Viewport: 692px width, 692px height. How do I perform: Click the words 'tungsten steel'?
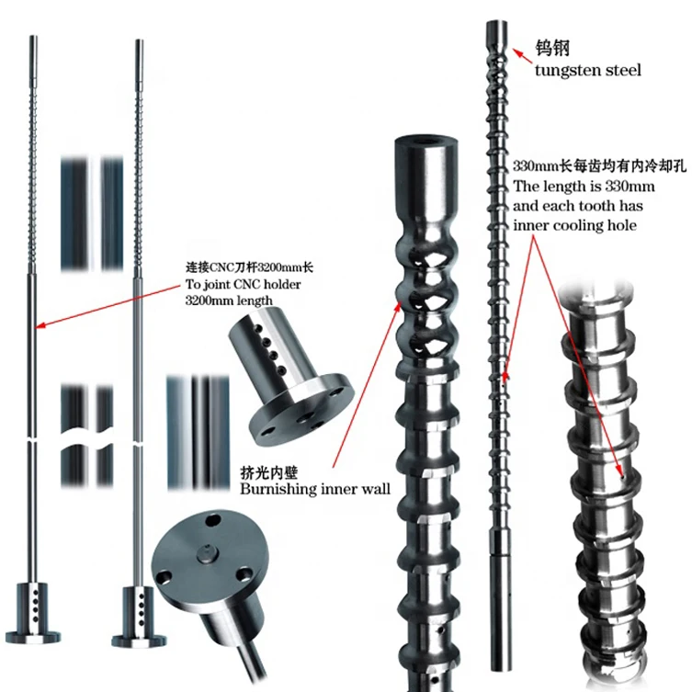pos(587,70)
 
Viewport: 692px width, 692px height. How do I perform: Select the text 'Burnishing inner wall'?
pos(315,489)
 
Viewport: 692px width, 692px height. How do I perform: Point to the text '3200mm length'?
pos(226,301)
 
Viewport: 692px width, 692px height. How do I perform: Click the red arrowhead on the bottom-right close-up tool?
pos(626,476)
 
